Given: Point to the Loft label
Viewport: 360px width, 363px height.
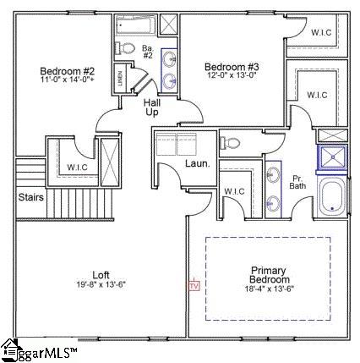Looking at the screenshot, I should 101,274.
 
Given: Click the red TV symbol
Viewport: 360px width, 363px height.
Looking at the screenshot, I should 194,286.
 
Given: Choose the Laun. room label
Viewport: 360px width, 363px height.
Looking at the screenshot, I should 198,164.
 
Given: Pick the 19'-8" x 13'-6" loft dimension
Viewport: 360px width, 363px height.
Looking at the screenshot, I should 101,285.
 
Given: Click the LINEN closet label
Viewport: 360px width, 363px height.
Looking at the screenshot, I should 121,79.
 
